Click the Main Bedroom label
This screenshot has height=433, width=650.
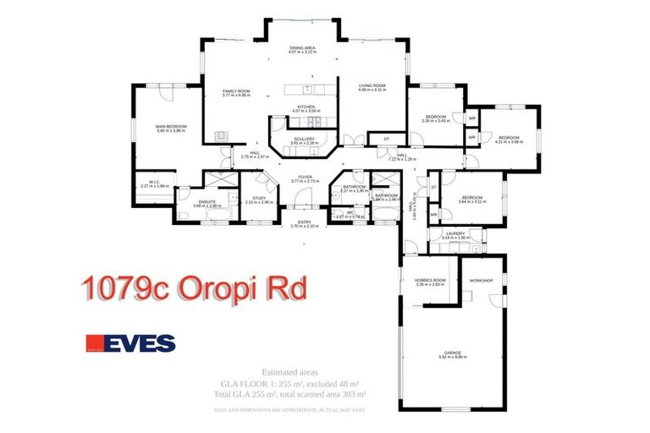click(170, 128)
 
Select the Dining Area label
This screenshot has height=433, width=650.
click(304, 51)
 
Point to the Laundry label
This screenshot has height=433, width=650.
click(454, 235)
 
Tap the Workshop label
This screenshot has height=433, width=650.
click(482, 279)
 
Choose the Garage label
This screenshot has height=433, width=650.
click(454, 354)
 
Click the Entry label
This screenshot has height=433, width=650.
click(303, 223)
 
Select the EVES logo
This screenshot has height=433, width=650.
click(130, 343)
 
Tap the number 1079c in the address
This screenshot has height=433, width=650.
click(126, 288)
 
